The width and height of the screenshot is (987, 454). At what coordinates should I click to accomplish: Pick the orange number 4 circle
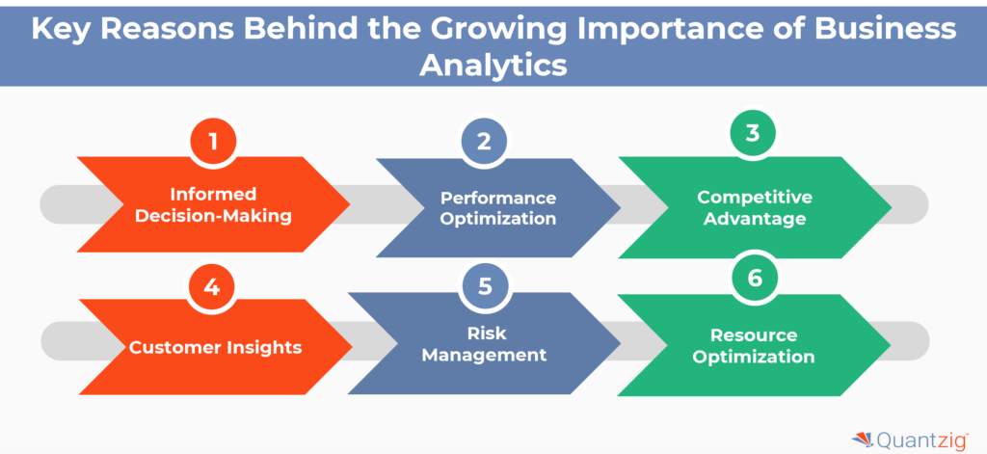[x=213, y=287]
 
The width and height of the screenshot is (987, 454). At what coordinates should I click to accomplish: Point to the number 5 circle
[x=484, y=287]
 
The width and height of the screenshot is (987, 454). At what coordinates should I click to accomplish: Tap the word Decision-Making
[x=213, y=216]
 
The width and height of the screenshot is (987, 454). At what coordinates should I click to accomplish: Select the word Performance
[x=498, y=198]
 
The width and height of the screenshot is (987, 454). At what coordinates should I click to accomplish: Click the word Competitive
[x=755, y=198]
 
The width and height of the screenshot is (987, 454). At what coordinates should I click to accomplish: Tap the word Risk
[x=497, y=334]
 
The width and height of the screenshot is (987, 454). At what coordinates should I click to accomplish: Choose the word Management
[x=497, y=355]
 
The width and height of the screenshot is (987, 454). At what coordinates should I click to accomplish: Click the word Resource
[x=755, y=335]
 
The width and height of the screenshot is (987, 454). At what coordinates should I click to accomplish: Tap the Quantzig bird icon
[x=862, y=439]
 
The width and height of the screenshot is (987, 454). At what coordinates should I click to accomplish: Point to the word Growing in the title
[x=485, y=28]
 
